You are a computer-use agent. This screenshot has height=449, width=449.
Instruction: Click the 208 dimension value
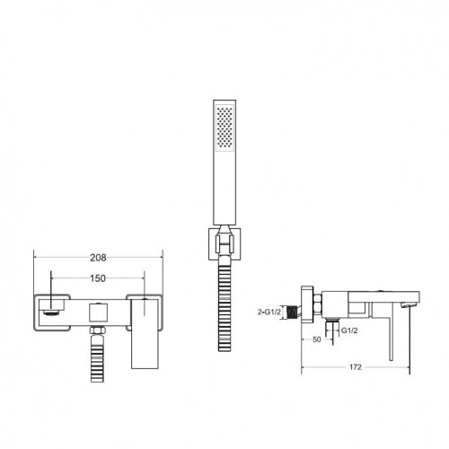(x=98, y=258)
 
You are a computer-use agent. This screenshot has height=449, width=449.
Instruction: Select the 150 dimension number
(x=98, y=278)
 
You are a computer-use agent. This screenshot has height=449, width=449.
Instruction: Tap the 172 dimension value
(x=356, y=367)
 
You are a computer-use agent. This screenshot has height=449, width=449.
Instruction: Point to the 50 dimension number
(x=316, y=339)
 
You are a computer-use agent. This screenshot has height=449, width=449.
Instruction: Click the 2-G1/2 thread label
(x=269, y=312)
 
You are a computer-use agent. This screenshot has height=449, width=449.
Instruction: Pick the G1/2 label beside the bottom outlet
(x=349, y=330)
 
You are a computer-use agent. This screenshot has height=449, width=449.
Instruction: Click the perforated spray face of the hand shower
(x=224, y=127)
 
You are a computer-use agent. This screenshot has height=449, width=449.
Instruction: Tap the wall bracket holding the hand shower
(x=224, y=244)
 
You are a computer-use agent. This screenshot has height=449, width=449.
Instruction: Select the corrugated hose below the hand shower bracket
(x=224, y=303)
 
